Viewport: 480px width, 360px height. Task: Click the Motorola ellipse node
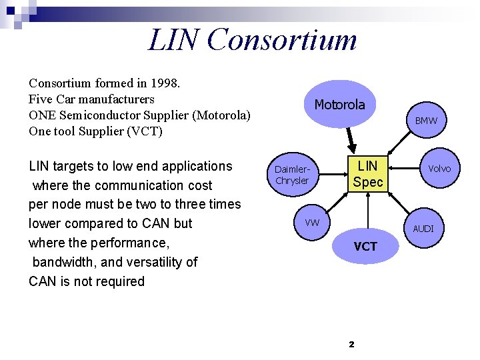point(339,105)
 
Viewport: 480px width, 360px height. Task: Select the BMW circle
point(426,121)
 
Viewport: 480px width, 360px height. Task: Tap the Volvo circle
point(439,169)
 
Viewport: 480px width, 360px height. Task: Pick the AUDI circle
point(423,228)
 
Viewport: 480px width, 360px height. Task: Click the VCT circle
point(365,247)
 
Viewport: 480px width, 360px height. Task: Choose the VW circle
point(312,222)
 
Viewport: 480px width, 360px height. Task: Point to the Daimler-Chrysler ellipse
point(292,175)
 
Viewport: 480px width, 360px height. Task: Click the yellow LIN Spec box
point(368,173)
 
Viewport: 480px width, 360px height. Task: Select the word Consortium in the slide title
point(282,39)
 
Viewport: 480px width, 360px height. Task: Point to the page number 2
point(351,344)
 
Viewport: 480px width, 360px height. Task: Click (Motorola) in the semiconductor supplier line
point(221,115)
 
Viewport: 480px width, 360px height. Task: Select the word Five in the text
point(41,99)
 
